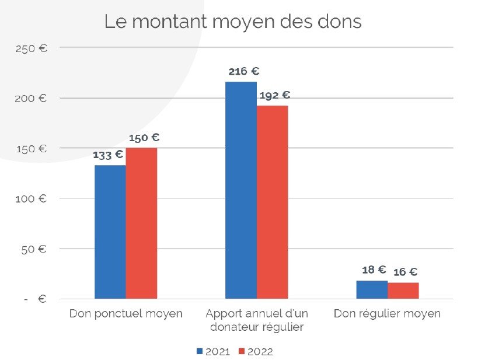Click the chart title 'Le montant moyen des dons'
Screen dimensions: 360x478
tap(233, 22)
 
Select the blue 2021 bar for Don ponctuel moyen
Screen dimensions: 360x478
tap(110, 232)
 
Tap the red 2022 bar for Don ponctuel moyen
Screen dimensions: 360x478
tap(141, 223)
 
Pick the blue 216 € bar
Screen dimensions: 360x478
tap(240, 190)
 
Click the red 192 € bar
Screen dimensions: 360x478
tap(272, 202)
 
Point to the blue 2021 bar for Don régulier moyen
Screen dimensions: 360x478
tap(372, 290)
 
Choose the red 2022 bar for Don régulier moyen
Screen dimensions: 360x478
tap(403, 291)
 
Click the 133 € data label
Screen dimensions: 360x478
tap(108, 155)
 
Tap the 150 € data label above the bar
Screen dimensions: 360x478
tap(144, 138)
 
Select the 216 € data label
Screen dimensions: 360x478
tap(243, 71)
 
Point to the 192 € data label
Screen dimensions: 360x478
tap(274, 95)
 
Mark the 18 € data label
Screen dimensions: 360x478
tap(374, 270)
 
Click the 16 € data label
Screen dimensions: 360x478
tap(405, 272)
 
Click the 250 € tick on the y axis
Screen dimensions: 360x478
tap(32, 48)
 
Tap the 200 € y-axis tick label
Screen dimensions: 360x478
tap(32, 98)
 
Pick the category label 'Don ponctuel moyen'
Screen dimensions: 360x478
tap(125, 314)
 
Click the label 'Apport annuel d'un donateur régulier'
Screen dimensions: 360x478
tap(256, 320)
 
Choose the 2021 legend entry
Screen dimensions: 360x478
tap(213, 351)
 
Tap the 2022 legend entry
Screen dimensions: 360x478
tap(255, 351)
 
